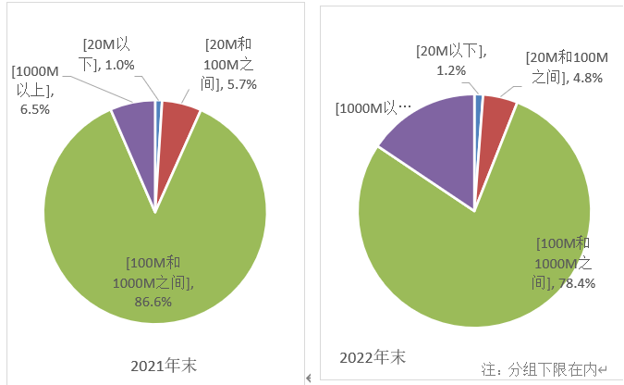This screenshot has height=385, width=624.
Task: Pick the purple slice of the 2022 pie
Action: pos(430,157)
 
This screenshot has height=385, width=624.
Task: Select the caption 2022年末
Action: pos(372,356)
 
